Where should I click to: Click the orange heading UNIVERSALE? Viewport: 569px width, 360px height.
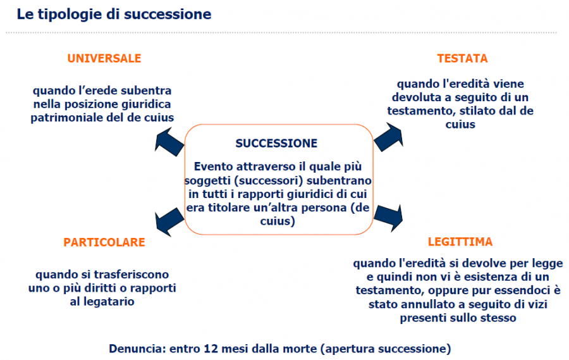[104, 58]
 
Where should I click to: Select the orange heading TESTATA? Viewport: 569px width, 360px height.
[462, 58]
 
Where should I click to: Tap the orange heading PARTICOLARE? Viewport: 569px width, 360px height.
[104, 242]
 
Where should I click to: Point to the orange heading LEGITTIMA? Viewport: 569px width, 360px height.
[460, 242]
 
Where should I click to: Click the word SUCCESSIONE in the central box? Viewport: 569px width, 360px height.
[276, 144]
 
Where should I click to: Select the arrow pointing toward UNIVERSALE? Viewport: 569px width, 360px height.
[169, 142]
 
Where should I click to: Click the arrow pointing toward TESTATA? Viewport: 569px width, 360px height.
[389, 137]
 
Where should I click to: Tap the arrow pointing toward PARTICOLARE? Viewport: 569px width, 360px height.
[169, 222]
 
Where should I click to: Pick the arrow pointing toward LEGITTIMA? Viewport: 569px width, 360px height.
[388, 218]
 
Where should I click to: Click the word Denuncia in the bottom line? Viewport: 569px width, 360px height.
[138, 349]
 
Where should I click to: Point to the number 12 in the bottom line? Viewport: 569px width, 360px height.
[211, 349]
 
